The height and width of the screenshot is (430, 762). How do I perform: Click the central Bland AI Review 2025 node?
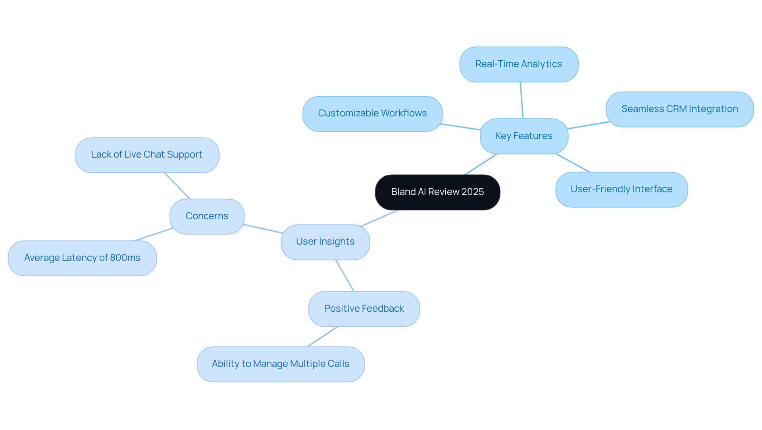coord(437,192)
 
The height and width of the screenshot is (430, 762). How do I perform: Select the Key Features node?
coord(524,136)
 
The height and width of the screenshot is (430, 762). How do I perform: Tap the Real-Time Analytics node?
coord(519,64)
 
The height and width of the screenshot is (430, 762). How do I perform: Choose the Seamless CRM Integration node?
coord(679,109)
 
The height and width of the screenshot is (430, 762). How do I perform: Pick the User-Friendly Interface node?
coord(622,189)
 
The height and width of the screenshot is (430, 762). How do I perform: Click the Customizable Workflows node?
coord(372,114)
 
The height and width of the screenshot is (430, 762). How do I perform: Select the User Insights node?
coord(325,242)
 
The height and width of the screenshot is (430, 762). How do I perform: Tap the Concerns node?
coord(207,216)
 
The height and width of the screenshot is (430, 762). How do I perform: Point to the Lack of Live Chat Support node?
coord(147,155)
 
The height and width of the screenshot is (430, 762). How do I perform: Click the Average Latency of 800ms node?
coord(82,258)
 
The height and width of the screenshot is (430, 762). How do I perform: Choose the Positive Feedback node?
coord(364,309)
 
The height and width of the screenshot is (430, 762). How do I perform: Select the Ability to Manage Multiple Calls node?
coord(281,364)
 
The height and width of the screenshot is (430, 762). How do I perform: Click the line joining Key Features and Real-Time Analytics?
coord(521,100)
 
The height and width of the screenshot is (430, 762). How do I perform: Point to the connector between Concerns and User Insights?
coord(263,229)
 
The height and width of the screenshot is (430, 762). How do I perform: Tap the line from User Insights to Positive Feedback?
coord(345,276)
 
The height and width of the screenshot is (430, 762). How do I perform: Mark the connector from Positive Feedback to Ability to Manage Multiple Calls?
coord(322,337)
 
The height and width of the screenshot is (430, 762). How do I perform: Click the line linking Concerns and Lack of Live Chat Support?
coord(177,185)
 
